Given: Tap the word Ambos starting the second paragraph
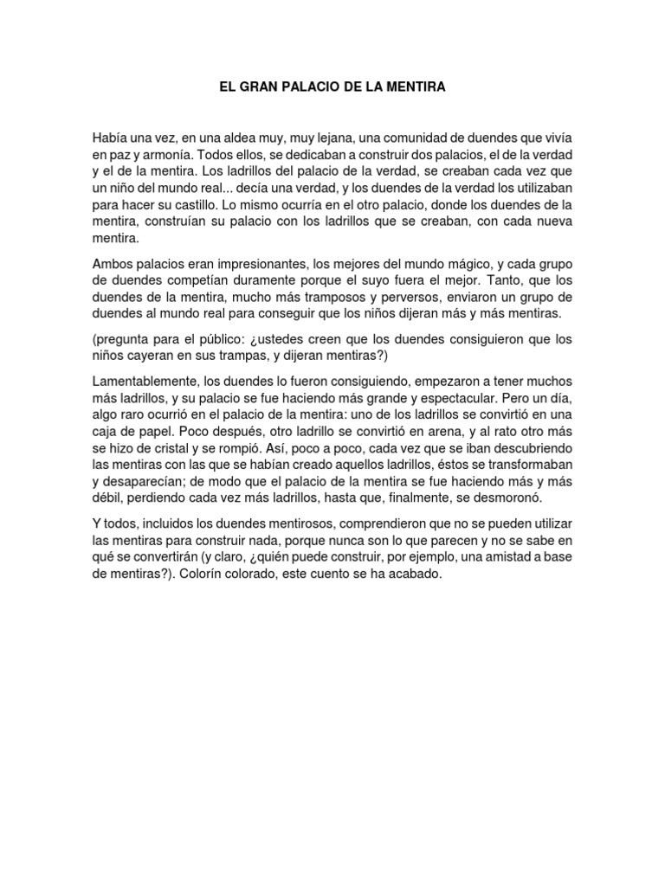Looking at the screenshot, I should (113, 262).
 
